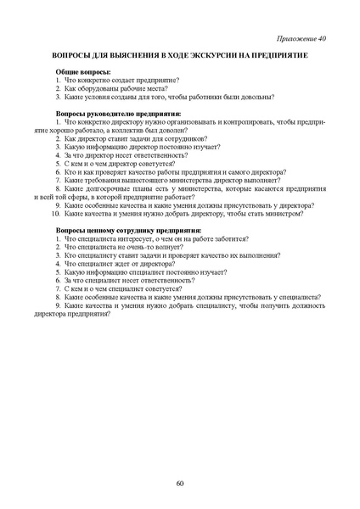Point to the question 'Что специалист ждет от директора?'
coord(124,264)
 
